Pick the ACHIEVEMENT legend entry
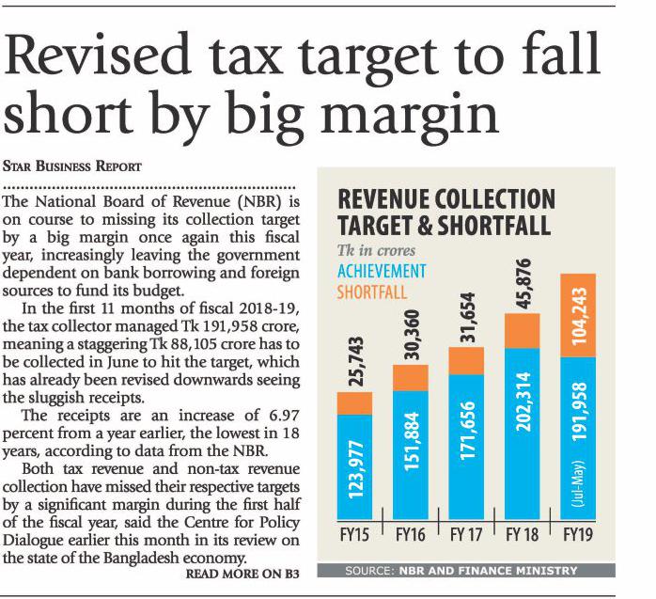[381, 272]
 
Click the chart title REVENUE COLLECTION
[445, 199]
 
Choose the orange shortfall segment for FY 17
[466, 360]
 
